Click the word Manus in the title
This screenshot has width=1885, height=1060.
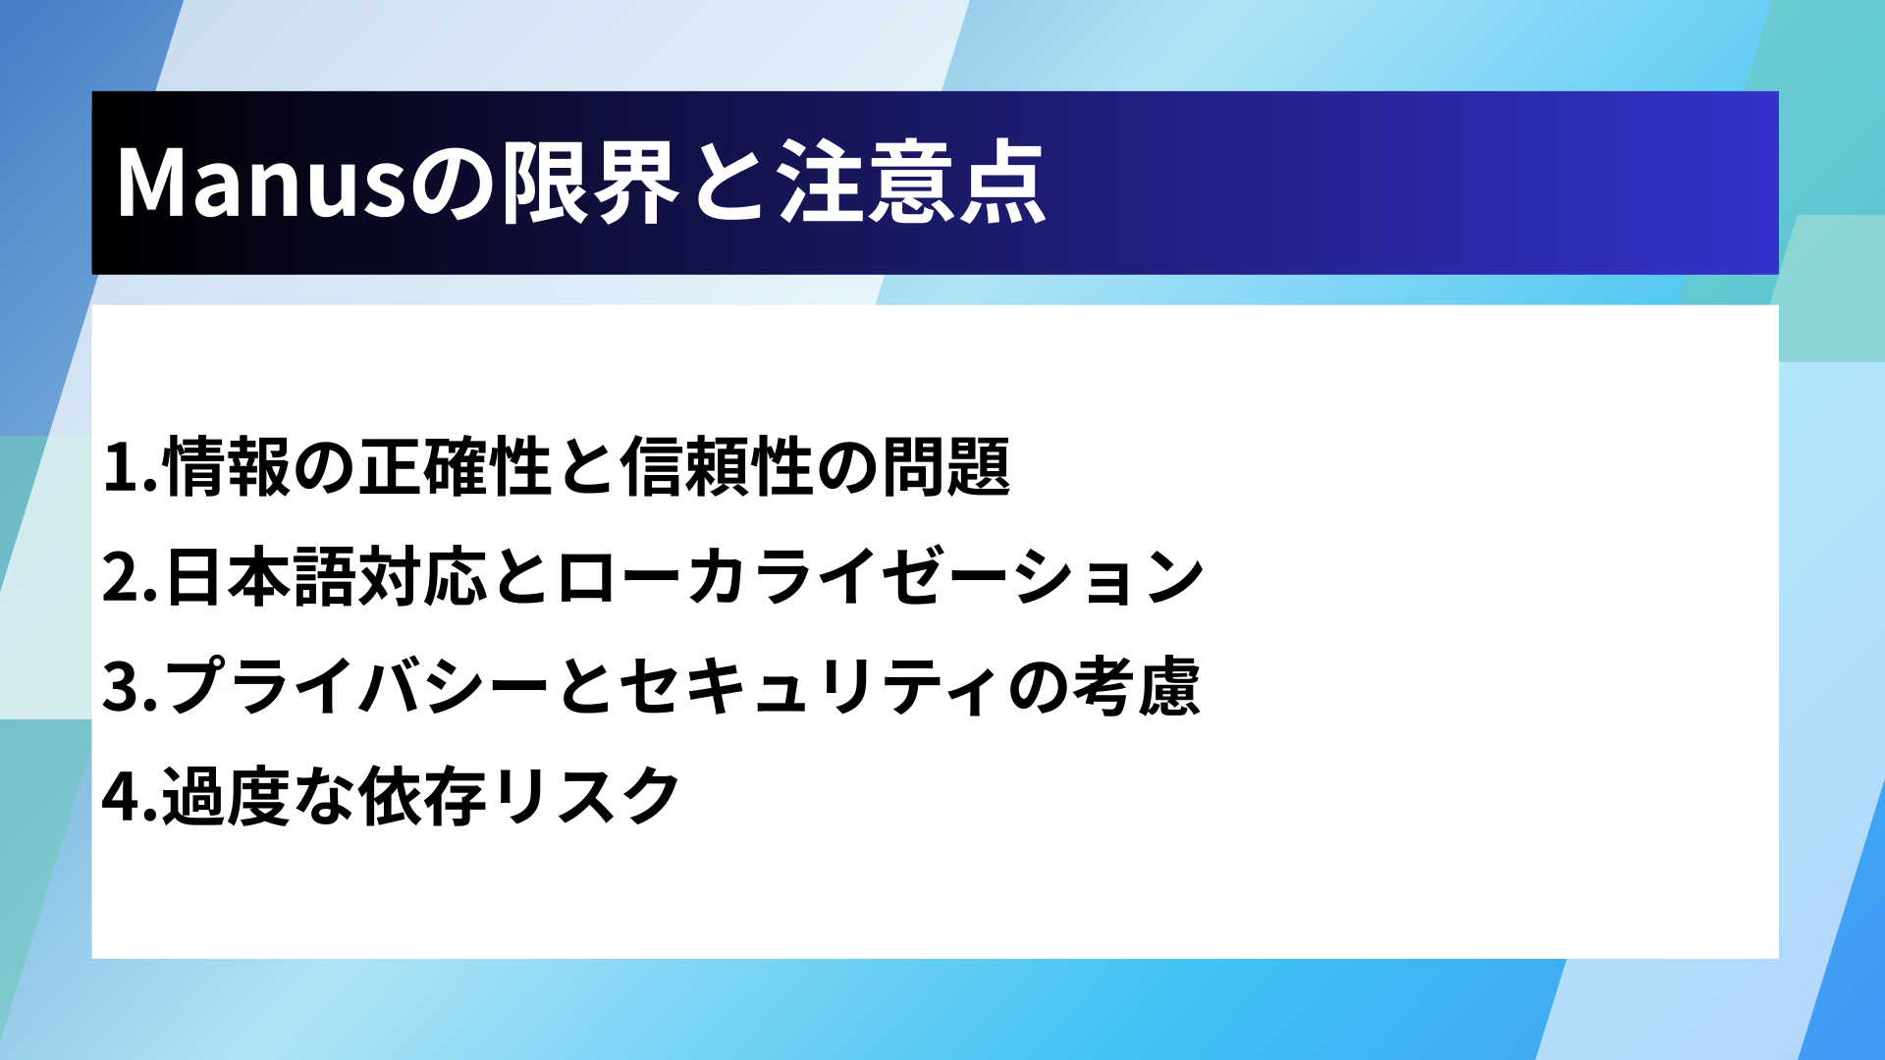tap(261, 183)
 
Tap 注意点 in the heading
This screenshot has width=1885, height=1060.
tap(913, 183)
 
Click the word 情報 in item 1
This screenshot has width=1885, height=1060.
tap(227, 466)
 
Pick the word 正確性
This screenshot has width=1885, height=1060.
tap(455, 466)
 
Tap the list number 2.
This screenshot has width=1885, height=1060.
tap(130, 577)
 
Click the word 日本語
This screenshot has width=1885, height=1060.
tap(259, 576)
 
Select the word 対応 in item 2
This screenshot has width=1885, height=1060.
tap(422, 576)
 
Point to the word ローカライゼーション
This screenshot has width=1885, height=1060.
tap(881, 576)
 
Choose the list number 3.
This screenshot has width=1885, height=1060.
tap(130, 687)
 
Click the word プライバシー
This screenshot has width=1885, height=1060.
tap(356, 686)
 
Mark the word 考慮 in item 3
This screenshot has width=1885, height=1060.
tap(1137, 686)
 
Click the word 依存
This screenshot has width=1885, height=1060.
tap(422, 796)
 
